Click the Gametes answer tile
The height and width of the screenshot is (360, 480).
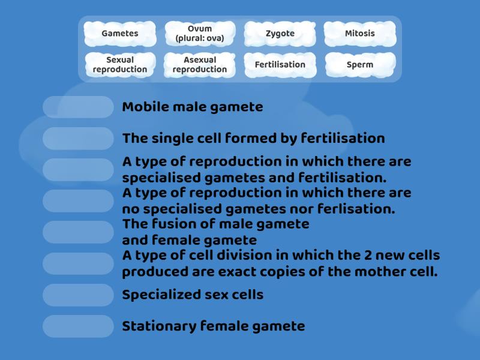(120, 34)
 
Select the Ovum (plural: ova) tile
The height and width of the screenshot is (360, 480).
(200, 34)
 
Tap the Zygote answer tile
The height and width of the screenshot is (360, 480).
(280, 34)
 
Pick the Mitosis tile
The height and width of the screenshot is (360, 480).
(360, 34)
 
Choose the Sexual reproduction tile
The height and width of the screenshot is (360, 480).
(120, 64)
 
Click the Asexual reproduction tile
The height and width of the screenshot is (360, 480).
(200, 64)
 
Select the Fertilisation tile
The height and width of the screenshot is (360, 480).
(280, 64)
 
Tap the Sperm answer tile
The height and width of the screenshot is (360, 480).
(360, 64)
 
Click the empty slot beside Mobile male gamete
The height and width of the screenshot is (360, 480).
(78, 107)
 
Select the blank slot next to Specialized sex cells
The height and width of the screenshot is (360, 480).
(78, 295)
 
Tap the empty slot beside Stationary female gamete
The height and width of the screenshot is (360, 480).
(78, 326)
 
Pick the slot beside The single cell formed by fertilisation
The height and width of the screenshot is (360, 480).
(78, 138)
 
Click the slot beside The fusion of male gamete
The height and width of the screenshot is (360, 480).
(78, 232)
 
